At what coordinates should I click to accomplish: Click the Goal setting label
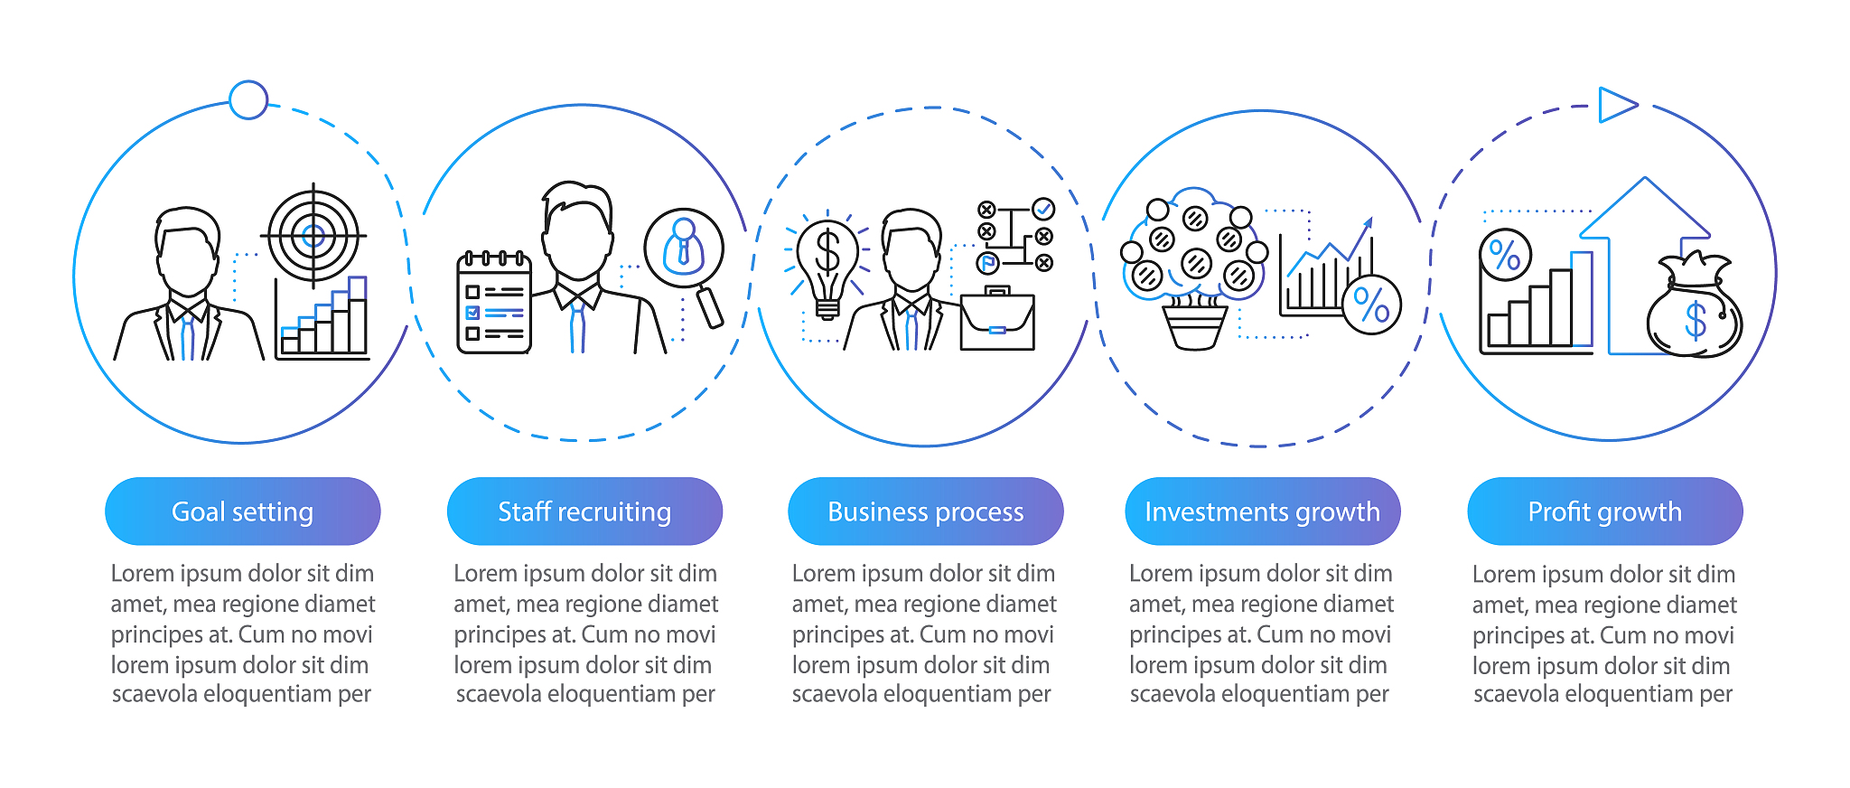tap(242, 511)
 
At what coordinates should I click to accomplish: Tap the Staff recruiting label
tap(584, 511)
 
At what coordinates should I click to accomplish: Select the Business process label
tap(926, 511)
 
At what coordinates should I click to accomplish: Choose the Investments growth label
tap(1263, 511)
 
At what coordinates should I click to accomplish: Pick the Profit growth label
tap(1605, 511)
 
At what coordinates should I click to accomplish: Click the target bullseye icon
tap(313, 236)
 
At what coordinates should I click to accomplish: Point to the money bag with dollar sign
tap(1694, 307)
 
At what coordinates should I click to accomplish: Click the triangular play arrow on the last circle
tap(1617, 105)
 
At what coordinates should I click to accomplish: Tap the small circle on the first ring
tap(248, 100)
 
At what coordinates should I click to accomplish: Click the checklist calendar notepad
tap(494, 302)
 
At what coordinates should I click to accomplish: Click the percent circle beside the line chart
tap(1371, 305)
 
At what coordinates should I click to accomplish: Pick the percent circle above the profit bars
tap(1505, 255)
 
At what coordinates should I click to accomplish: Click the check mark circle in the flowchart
tap(1043, 210)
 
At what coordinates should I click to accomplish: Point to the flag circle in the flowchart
tap(988, 263)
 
